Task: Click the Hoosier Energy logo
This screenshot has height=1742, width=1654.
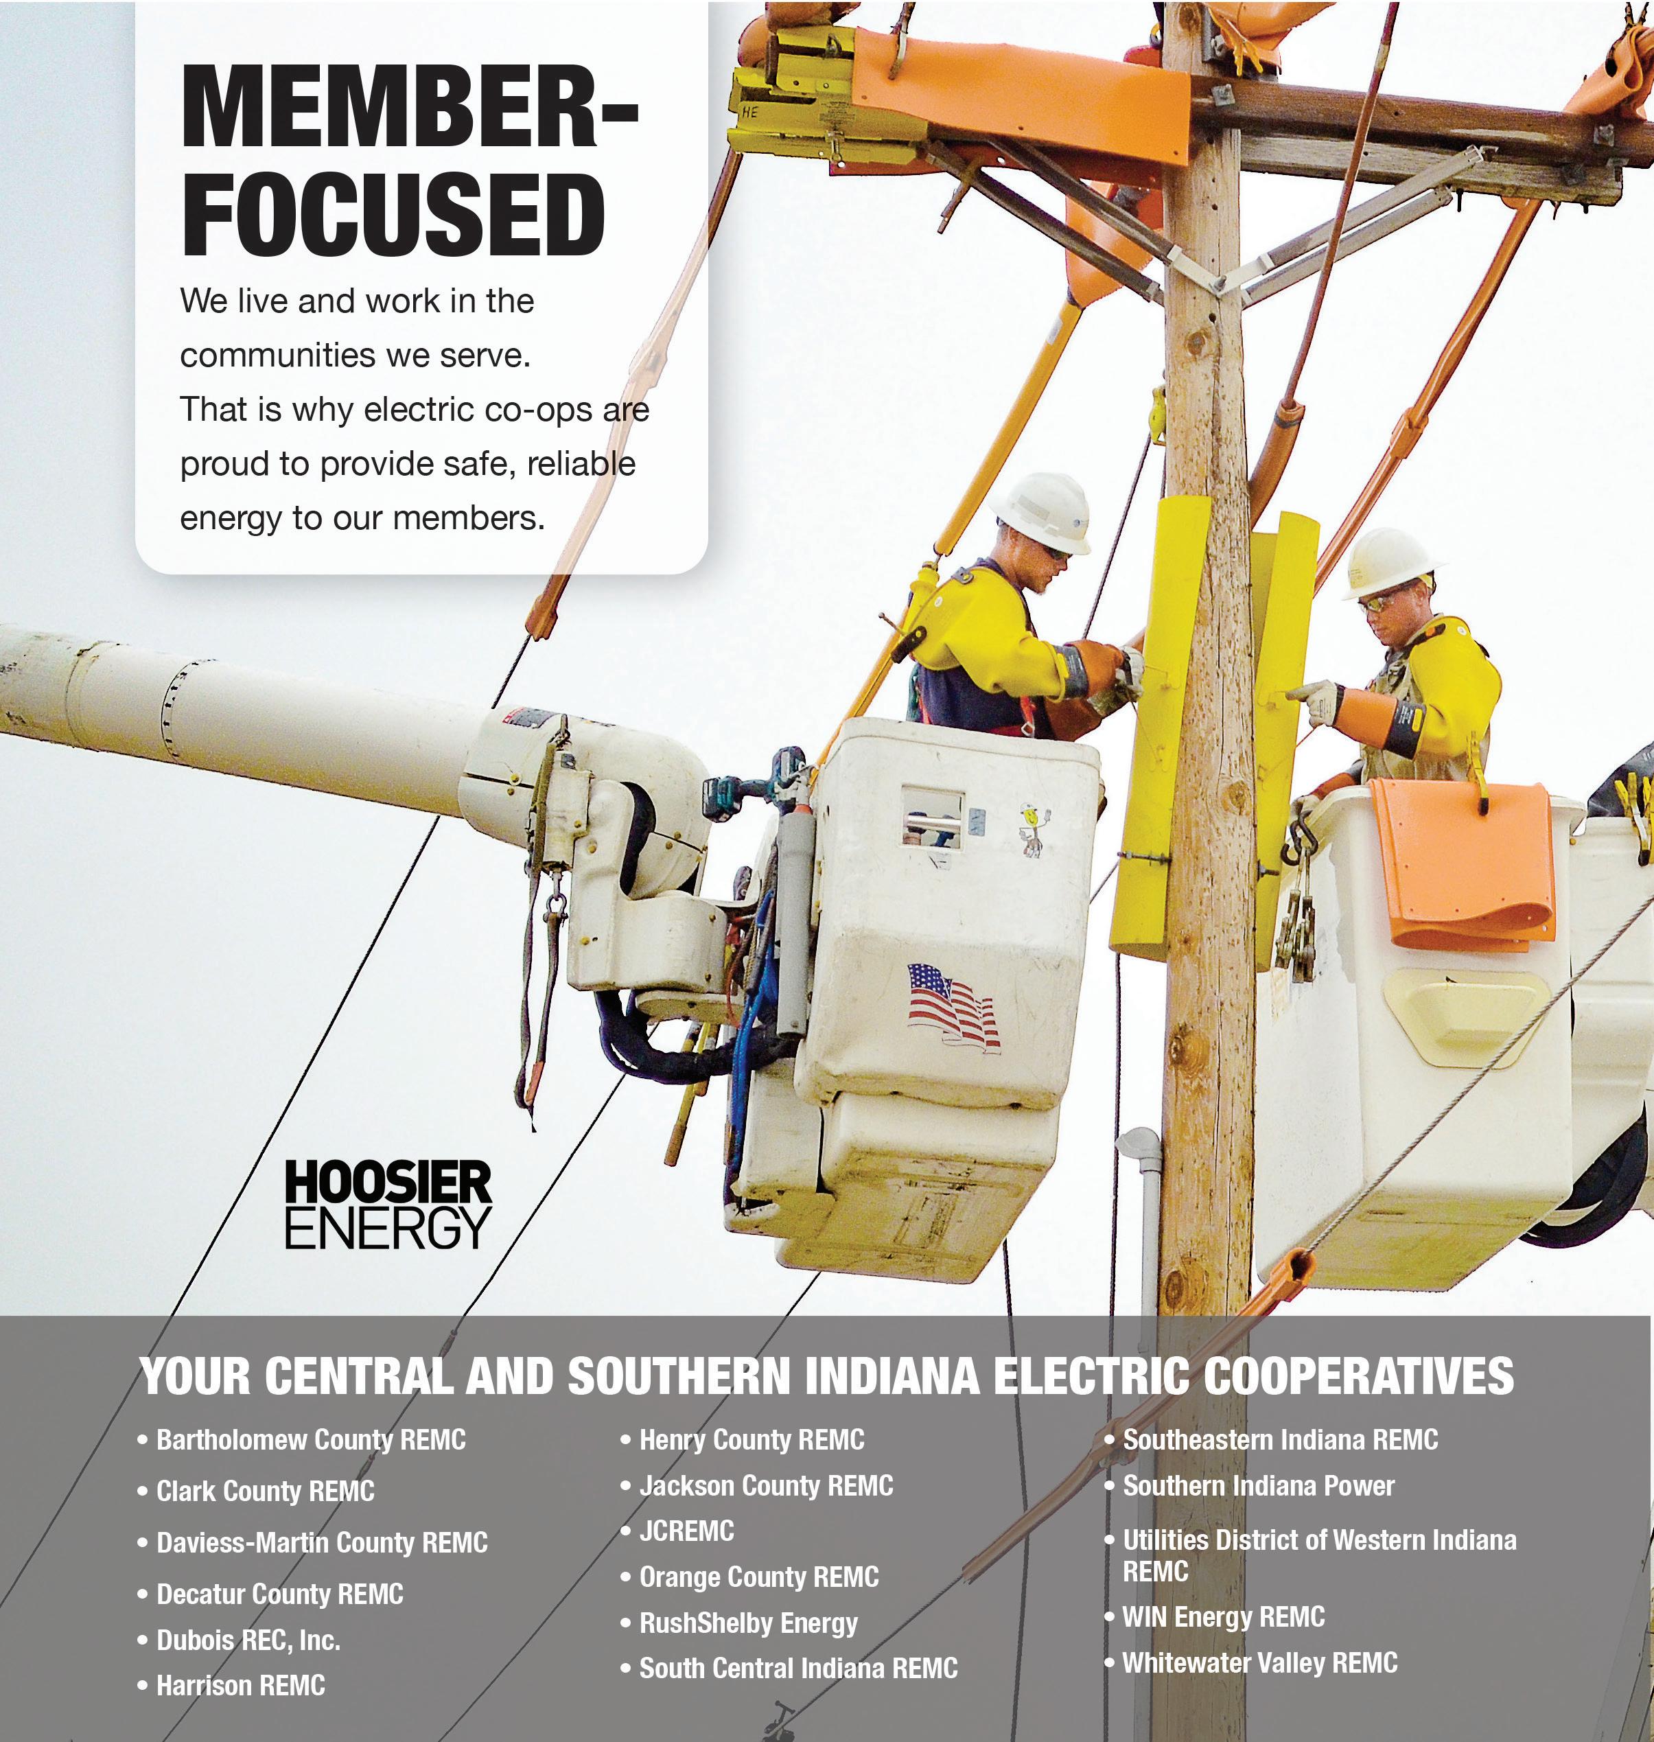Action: pyautogui.click(x=387, y=1205)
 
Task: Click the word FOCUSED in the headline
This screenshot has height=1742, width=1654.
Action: pyautogui.click(x=393, y=215)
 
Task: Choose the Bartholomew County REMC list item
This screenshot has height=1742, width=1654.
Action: pyautogui.click(x=310, y=1439)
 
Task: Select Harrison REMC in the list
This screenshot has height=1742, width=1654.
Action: pyautogui.click(x=240, y=1686)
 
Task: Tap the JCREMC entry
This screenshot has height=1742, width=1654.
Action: pyautogui.click(x=686, y=1531)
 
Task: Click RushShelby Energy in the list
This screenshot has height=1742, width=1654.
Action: pyautogui.click(x=747, y=1622)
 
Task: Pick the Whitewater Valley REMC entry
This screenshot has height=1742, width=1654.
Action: pyautogui.click(x=1259, y=1662)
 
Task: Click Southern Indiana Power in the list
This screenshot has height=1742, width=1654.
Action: pyautogui.click(x=1258, y=1485)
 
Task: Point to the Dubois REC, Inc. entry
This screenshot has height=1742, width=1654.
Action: pyautogui.click(x=248, y=1640)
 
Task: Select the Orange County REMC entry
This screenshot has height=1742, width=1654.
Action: pyautogui.click(x=758, y=1577)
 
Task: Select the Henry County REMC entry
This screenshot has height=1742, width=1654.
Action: pyautogui.click(x=752, y=1439)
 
